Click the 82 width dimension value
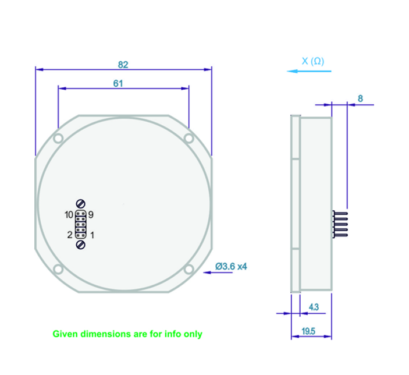[123, 63]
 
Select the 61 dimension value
[118, 83]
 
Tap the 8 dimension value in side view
[360, 99]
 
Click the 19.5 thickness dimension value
[309, 331]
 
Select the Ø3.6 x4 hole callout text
[232, 266]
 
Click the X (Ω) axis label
[313, 61]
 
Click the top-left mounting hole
[58, 139]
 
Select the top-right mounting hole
[189, 138]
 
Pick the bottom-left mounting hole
[58, 269]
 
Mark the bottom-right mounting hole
[189, 269]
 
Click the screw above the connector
[81, 203]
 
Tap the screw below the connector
[81, 245]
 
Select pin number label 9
[91, 214]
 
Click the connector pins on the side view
[340, 225]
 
